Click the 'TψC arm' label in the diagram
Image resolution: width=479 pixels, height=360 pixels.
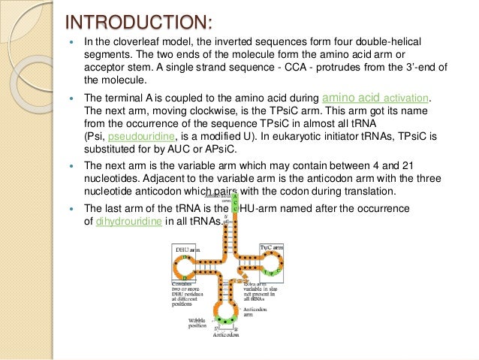272,245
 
